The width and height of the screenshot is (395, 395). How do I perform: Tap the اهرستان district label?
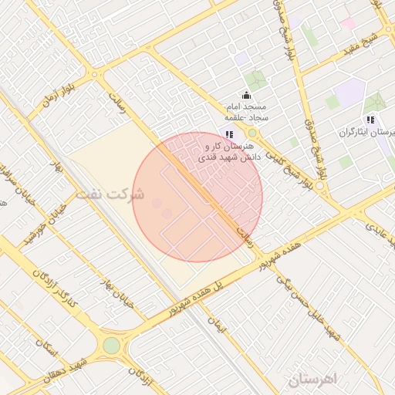312,380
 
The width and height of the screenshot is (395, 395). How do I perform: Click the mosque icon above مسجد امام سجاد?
246,95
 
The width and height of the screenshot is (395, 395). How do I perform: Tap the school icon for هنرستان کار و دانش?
229,134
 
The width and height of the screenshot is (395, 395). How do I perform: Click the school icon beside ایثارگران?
371,120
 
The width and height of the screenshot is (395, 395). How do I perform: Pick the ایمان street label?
220,328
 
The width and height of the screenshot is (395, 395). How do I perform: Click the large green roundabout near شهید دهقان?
113,346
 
